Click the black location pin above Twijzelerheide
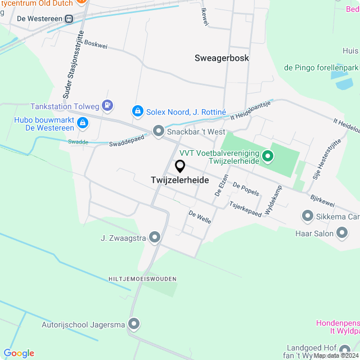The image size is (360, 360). pos(180,166)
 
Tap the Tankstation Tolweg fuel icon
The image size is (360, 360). pos(108,105)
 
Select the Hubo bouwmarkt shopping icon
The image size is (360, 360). pos(82,122)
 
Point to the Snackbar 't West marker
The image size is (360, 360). pos(159,132)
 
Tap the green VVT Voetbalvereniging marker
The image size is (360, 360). pos(268,156)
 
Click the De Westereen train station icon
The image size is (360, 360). pos(69,19)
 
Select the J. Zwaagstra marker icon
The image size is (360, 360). pos(155,238)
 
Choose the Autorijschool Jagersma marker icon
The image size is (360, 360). pos(134,324)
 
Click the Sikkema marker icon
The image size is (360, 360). pos(307,215)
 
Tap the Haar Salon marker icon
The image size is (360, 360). pos(342,232)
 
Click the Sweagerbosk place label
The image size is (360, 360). pos(222,58)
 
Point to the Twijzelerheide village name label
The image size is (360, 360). pos(180,181)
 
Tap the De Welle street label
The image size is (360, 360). pos(200,217)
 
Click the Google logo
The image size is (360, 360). pos(19,353)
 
